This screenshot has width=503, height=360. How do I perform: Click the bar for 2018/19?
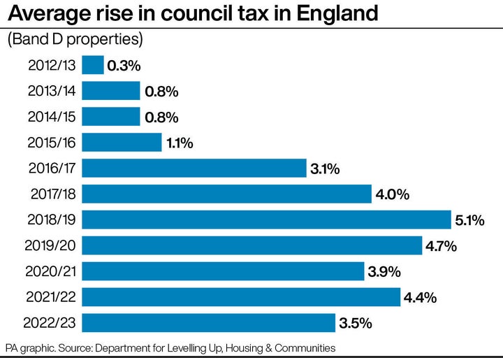coord(266,219)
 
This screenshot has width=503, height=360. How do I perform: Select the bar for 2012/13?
coord(93,65)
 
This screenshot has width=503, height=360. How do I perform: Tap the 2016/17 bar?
coord(194,168)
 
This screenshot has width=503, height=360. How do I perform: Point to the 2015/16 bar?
coord(122,143)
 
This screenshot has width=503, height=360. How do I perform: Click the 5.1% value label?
coord(469,220)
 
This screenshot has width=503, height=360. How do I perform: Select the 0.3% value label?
coord(124,66)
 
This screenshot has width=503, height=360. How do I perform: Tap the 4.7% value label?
coord(441,246)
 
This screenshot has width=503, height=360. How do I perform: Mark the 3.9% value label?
coord(384,272)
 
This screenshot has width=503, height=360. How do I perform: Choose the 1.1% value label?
coord(180,143)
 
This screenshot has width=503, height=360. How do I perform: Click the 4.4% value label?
coord(420,298)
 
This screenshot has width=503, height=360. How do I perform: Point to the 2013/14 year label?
coord(52,91)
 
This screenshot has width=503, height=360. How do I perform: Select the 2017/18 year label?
coord(52,194)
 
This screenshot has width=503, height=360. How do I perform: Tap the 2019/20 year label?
coord(52,245)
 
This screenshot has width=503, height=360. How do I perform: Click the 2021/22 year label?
coord(52,297)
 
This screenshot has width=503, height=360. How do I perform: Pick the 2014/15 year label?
coord(52,117)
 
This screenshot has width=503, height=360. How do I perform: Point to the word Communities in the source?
coord(303,347)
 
